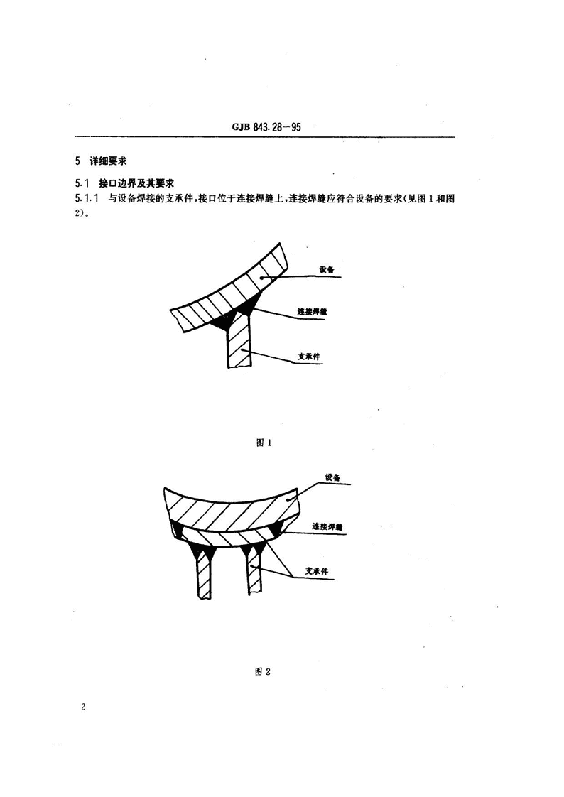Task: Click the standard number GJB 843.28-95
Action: tap(266, 126)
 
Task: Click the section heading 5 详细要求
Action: tap(100, 161)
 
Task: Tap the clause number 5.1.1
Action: tap(87, 198)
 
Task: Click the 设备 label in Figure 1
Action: tap(327, 270)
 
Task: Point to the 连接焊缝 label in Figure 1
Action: tap(312, 311)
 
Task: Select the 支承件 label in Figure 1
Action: tap(309, 357)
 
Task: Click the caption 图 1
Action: tap(264, 443)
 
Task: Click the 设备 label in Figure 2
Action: tap(332, 478)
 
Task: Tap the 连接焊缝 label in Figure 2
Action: tap(327, 526)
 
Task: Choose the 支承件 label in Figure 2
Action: tap(317, 571)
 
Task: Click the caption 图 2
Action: tap(263, 671)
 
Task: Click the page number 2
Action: tap(83, 707)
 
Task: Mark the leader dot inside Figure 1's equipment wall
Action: tap(261, 277)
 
